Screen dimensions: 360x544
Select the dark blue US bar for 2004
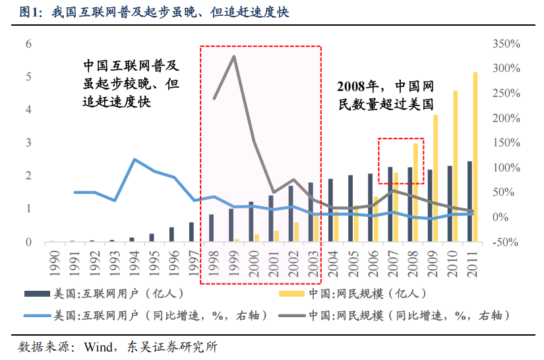(330, 210)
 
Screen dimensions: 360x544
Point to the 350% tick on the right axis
(507, 44)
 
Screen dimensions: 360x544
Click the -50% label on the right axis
(507, 243)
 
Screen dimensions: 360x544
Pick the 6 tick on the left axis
(28, 44)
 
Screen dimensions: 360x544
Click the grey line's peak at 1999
(234, 57)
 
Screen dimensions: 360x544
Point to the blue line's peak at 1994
(135, 160)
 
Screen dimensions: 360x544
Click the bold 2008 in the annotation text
(351, 86)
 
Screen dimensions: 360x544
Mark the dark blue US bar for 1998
(211, 228)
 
